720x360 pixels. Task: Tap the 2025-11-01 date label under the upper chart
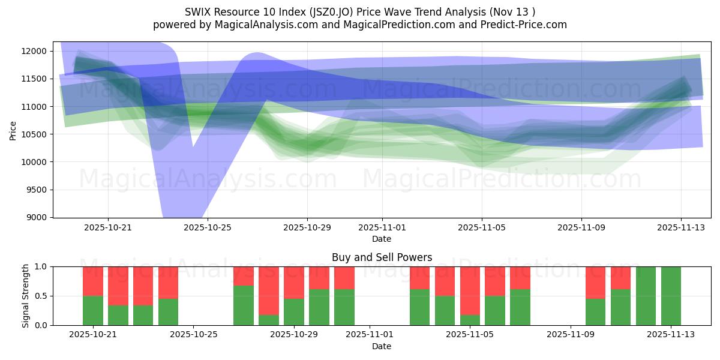[x=382, y=228]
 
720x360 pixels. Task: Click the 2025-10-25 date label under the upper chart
[x=207, y=228]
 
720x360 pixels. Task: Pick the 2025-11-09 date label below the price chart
[x=581, y=228]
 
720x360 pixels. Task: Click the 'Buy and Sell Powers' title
[x=382, y=257]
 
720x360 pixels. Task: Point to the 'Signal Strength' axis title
[x=26, y=296]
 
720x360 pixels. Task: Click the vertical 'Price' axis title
[x=13, y=130]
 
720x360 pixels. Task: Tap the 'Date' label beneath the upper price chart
[x=382, y=239]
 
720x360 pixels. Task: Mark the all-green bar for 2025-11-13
[x=671, y=296]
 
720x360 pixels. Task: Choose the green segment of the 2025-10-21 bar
[x=93, y=310]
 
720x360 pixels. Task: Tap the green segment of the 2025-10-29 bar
[x=294, y=312]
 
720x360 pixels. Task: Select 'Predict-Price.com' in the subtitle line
[x=525, y=25]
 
